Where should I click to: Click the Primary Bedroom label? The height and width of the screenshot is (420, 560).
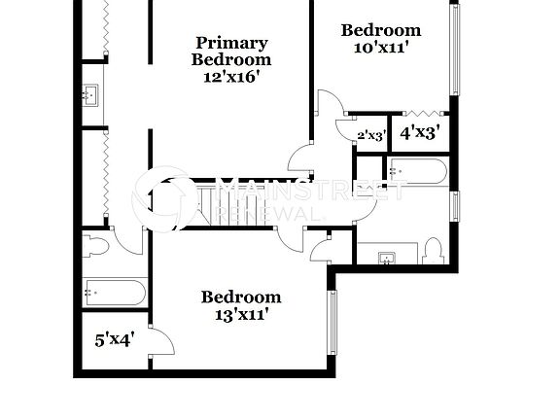tap(231, 51)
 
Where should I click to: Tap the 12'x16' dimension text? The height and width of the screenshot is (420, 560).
tap(231, 76)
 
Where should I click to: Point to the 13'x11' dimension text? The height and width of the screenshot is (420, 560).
tap(241, 313)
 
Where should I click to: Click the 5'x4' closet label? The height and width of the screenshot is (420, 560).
tap(114, 340)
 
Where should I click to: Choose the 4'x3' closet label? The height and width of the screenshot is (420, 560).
tap(420, 131)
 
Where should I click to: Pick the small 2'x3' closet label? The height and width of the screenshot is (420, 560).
tap(370, 135)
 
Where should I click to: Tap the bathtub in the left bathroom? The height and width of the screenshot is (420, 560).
tap(115, 292)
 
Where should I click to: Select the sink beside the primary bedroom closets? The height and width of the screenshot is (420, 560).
tap(91, 94)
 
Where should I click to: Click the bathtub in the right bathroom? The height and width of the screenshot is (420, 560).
tap(418, 172)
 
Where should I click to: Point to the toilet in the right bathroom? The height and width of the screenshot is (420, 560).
tap(435, 251)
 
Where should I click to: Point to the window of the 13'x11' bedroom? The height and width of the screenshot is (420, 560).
tap(332, 321)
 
